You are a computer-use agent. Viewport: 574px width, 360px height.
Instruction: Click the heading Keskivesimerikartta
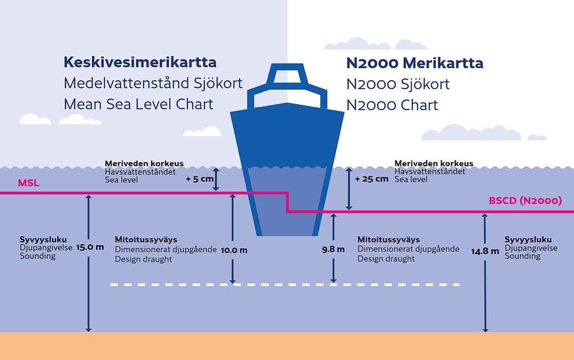[140, 62]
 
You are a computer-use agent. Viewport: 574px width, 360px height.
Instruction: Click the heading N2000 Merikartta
[415, 63]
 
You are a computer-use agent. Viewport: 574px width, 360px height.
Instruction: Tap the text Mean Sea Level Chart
[138, 105]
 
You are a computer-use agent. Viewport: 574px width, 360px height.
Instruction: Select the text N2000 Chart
[392, 105]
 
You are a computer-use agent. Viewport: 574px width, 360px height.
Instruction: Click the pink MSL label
[28, 183]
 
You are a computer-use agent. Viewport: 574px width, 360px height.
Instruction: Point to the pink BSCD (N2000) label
[525, 201]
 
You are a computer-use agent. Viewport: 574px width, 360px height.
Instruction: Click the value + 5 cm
[200, 179]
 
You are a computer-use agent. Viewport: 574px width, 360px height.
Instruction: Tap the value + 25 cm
[371, 179]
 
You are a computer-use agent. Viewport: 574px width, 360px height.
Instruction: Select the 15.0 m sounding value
[90, 247]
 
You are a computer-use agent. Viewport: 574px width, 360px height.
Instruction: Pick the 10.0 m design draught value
[234, 250]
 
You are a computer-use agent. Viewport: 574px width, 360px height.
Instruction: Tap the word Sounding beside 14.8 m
[522, 256]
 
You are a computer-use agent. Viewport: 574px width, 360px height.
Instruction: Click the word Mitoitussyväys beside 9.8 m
[388, 240]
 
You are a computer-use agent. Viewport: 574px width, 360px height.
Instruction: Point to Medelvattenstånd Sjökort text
[153, 84]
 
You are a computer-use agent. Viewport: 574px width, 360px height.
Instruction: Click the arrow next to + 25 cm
[349, 188]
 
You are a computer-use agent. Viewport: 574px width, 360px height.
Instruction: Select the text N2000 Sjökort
[398, 84]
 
